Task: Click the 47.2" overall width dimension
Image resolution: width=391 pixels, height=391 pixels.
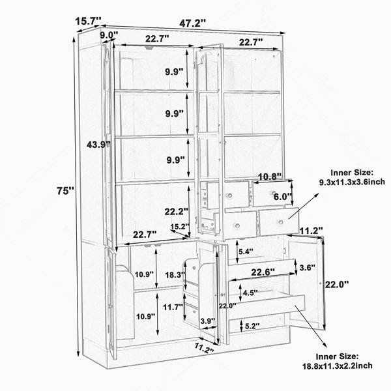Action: pos(192,23)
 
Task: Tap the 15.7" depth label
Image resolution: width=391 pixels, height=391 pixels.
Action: pos(88,21)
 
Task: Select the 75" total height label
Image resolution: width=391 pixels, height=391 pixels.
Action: pos(65,191)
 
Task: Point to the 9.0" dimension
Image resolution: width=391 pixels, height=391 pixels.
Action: pos(109,35)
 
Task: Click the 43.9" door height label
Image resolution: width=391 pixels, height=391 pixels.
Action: pos(98,145)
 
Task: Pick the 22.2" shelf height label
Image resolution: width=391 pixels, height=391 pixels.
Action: pos(176,212)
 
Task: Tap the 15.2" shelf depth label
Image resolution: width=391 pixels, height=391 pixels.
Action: pos(180,227)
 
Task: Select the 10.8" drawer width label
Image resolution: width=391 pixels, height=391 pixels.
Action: pos(270,177)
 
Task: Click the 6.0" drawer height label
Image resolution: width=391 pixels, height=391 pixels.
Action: pos(283,197)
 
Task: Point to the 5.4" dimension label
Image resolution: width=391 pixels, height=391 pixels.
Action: pos(246,252)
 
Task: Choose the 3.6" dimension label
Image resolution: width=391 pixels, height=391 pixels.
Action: pos(307,268)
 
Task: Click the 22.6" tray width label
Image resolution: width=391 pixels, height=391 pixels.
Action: pos(263,272)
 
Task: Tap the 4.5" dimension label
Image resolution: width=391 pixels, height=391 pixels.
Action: pos(250,293)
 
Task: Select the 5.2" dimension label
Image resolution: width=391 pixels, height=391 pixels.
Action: pos(252,326)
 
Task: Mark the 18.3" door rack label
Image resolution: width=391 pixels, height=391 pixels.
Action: pos(175,275)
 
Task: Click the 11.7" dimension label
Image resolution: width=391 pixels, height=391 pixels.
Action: pos(173,307)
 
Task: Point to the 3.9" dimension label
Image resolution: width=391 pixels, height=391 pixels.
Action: pos(208,321)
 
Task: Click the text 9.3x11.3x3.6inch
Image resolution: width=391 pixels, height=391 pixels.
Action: pos(352,182)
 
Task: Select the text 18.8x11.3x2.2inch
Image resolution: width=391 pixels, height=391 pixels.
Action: pos(338,366)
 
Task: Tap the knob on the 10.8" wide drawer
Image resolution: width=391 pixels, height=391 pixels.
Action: pos(274,193)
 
